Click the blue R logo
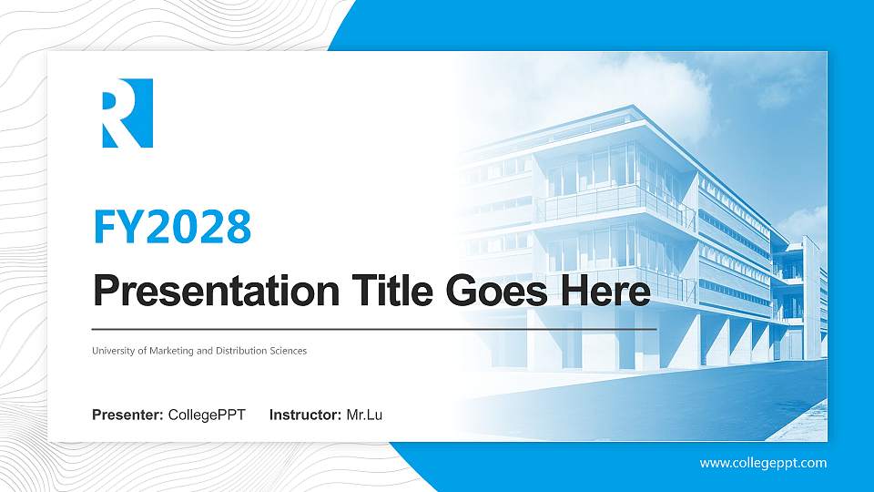pyautogui.click(x=127, y=113)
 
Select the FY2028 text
pyautogui.click(x=172, y=227)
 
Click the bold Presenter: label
pyautogui.click(x=127, y=415)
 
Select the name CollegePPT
pyautogui.click(x=207, y=415)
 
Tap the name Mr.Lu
pyautogui.click(x=364, y=415)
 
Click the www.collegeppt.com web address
pyautogui.click(x=763, y=463)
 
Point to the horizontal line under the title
pyautogui.click(x=374, y=328)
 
